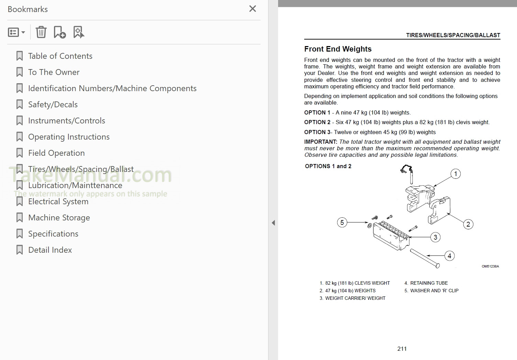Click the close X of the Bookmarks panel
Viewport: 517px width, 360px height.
click(x=252, y=9)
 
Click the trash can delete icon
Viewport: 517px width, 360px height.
click(x=41, y=32)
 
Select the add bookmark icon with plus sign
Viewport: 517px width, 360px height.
click(x=59, y=32)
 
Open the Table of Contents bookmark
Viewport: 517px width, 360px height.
click(x=60, y=56)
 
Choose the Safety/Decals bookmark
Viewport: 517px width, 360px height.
click(x=53, y=105)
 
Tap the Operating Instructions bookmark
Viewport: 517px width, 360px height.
click(x=69, y=137)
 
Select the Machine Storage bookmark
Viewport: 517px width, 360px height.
click(x=59, y=218)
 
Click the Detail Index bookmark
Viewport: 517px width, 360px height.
click(x=50, y=250)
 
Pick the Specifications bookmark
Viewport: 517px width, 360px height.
click(x=53, y=234)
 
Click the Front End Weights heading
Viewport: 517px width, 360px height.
click(x=338, y=49)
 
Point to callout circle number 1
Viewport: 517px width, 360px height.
click(x=455, y=174)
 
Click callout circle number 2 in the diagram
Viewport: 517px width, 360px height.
click(x=468, y=224)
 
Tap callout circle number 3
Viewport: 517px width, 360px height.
click(x=435, y=237)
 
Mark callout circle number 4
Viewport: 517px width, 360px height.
click(x=449, y=256)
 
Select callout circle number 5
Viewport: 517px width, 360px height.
click(x=342, y=222)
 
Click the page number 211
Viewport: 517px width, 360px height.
click(x=402, y=349)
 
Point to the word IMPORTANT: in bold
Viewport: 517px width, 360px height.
click(x=320, y=142)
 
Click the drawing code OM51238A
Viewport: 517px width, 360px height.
click(x=490, y=266)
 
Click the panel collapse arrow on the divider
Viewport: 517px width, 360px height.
click(x=273, y=223)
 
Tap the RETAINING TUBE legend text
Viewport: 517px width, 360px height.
click(x=429, y=283)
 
